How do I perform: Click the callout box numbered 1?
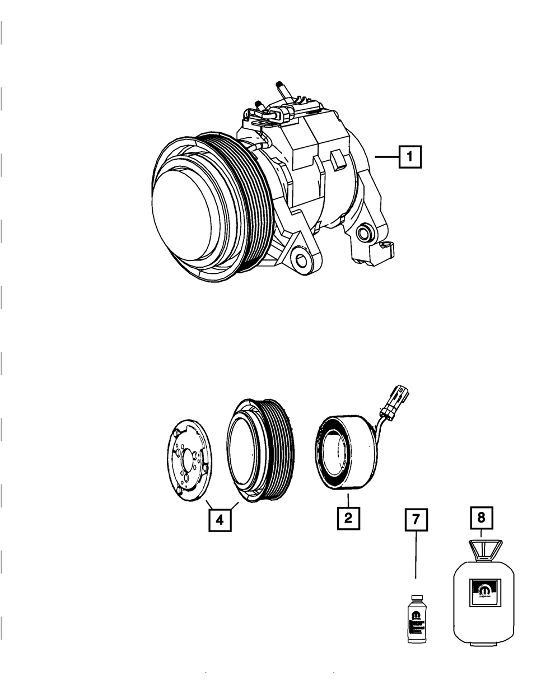coord(410,157)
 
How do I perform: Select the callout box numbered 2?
coord(348,518)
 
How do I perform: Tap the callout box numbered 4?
coord(220,520)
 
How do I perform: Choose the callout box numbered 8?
coord(481,518)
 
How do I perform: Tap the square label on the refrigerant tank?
coord(484,591)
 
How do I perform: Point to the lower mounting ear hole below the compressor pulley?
coord(302,259)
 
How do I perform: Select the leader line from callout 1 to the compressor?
coord(386,158)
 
